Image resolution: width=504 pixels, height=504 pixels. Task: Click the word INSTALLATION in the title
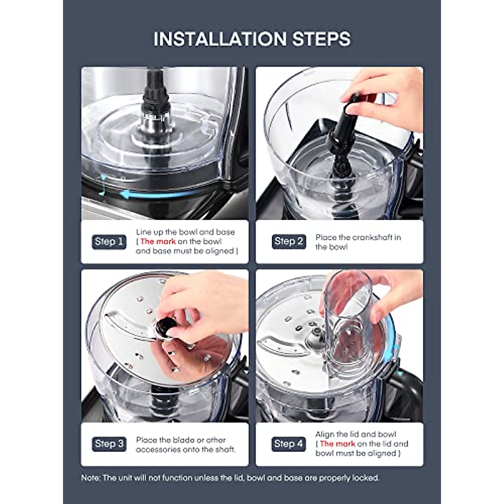pyautogui.click(x=220, y=39)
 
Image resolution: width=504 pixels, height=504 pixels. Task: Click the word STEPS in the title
pyautogui.click(x=321, y=39)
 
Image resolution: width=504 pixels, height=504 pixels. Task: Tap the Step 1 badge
pyautogui.click(x=109, y=241)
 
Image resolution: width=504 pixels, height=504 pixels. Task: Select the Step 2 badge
pyautogui.click(x=289, y=241)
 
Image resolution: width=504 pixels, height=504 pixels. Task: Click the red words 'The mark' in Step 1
pyautogui.click(x=158, y=241)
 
